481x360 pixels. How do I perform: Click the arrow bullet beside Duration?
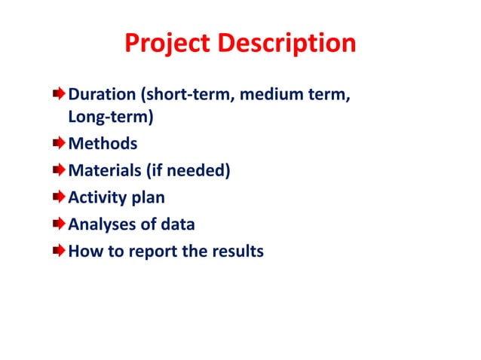pyautogui.click(x=59, y=96)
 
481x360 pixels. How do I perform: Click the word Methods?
pyautogui.click(x=103, y=144)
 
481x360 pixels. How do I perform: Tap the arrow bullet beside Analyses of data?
pyautogui.click(x=59, y=224)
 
